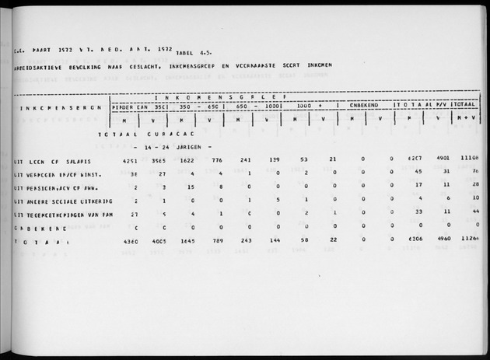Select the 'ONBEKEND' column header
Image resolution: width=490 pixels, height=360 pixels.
point(365,106)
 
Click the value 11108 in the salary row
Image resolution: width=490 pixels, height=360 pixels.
point(469,162)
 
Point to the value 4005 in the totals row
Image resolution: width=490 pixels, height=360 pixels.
point(158,241)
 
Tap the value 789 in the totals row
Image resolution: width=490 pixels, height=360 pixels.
point(219,241)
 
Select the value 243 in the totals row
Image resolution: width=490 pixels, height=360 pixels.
point(247,241)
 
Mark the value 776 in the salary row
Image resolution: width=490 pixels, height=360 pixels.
point(219,162)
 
